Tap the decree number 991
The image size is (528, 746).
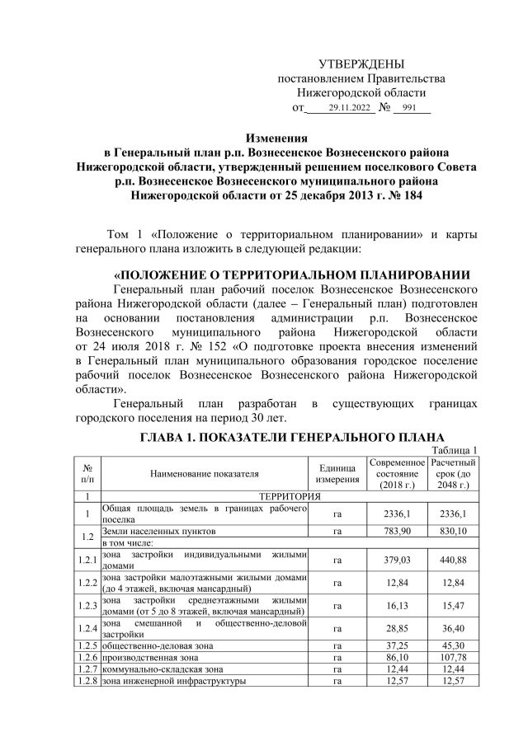coord(410,109)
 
